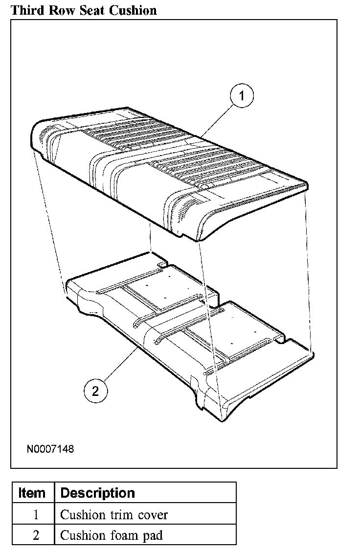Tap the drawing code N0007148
click(50, 448)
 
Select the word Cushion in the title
click(133, 9)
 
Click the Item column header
click(32, 493)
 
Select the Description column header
click(97, 493)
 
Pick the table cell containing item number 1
click(32, 514)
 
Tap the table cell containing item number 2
click(32, 535)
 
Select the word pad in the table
click(152, 535)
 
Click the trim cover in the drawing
click(166, 171)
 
